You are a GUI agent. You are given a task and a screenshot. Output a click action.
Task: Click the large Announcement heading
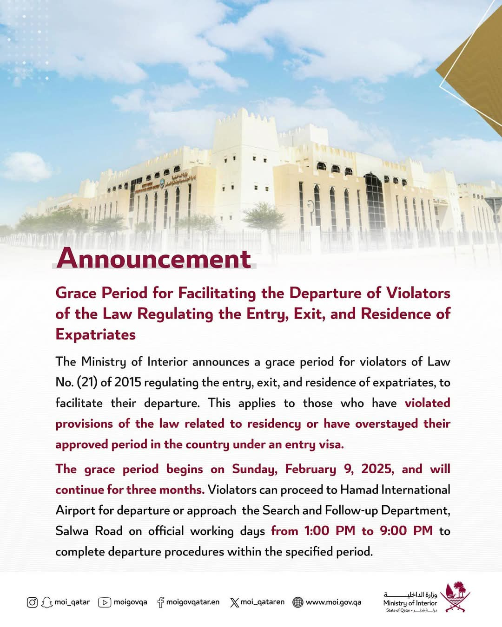pyautogui.click(x=154, y=258)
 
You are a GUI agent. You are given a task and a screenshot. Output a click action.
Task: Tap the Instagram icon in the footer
pyautogui.click(x=32, y=602)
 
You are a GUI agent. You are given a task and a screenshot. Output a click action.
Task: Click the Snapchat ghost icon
pyautogui.click(x=46, y=602)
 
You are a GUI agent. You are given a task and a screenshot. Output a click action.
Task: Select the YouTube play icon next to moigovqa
pyautogui.click(x=105, y=602)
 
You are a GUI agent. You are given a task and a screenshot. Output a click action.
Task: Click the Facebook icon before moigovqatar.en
pyautogui.click(x=161, y=602)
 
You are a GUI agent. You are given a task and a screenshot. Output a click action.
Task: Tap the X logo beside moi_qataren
pyautogui.click(x=234, y=602)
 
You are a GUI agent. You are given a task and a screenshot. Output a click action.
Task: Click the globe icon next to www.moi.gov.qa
pyautogui.click(x=298, y=602)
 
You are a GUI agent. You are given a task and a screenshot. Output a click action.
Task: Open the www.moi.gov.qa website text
pyautogui.click(x=333, y=602)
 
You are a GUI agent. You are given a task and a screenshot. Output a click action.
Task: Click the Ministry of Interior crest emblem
pyautogui.click(x=455, y=596)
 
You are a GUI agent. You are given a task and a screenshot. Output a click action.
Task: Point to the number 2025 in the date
pyautogui.click(x=377, y=469)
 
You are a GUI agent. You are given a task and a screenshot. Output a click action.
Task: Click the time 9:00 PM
pyautogui.click(x=406, y=531)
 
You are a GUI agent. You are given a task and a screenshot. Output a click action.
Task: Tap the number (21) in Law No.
pyautogui.click(x=87, y=382)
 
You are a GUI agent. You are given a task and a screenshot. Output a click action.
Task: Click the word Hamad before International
pyautogui.click(x=359, y=490)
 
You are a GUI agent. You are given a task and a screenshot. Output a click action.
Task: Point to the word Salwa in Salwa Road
pyautogui.click(x=72, y=531)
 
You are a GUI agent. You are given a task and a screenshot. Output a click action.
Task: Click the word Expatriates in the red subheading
pyautogui.click(x=96, y=334)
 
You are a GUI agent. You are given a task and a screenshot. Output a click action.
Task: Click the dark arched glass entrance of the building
pyautogui.click(x=374, y=202)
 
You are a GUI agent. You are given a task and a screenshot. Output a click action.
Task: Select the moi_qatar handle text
pyautogui.click(x=72, y=602)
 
